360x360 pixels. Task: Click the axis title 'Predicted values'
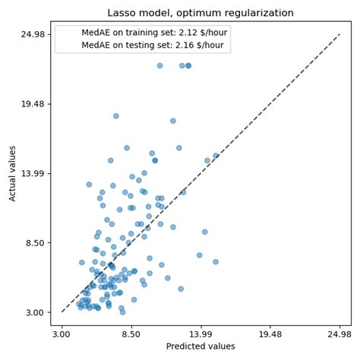201,347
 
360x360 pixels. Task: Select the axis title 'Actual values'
12,173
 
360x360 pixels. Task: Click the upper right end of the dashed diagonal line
339,34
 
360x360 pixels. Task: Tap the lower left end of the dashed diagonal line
62,312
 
